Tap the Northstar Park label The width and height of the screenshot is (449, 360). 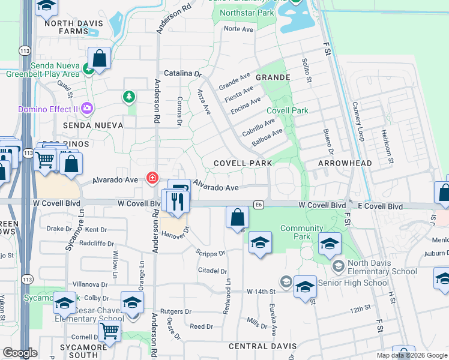[246, 13]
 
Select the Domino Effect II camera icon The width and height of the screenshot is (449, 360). [87, 108]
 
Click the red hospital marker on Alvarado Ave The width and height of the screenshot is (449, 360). [152, 178]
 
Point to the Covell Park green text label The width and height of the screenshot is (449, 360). [287, 110]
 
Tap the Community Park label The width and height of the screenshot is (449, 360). [302, 232]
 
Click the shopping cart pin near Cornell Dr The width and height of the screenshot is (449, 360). [109, 330]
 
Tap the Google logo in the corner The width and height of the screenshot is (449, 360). [20, 353]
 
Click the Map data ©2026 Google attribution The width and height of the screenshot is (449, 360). [411, 355]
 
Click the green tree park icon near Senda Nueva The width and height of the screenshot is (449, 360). [128, 97]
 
